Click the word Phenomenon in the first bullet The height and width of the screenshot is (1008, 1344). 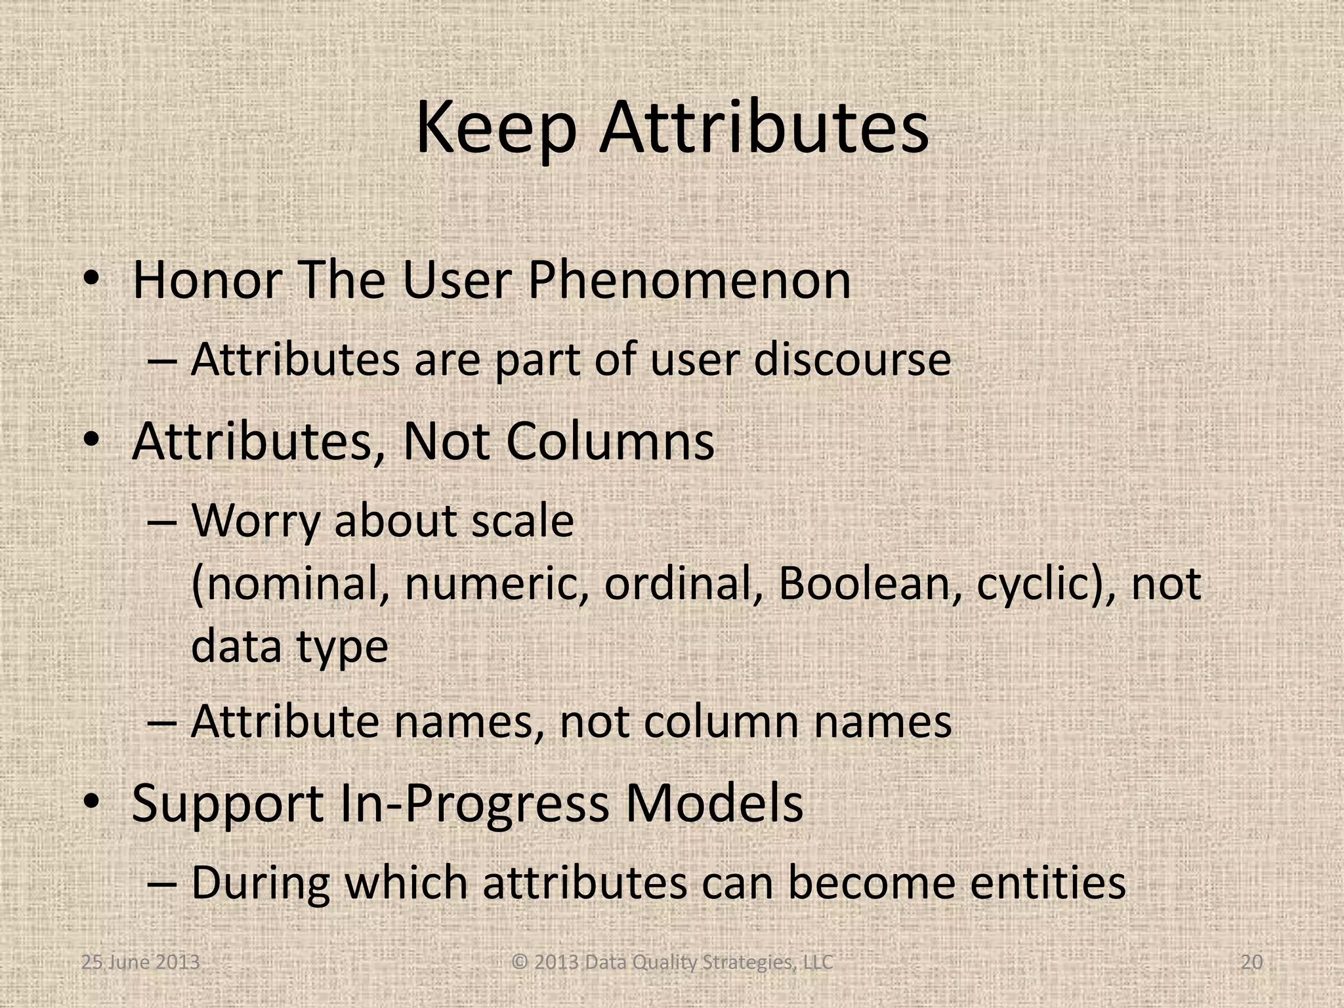[689, 281]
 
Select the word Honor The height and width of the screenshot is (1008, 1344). [207, 281]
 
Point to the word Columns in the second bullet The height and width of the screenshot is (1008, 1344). [610, 442]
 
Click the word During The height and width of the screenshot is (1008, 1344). [261, 883]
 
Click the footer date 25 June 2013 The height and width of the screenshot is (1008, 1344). [140, 963]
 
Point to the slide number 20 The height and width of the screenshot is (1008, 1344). [1252, 963]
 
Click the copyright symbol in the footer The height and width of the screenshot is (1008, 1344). [520, 963]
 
